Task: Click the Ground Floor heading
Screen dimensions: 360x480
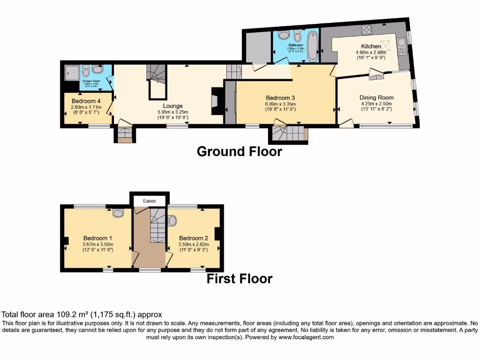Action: coord(239,151)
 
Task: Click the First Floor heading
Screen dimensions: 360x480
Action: coord(239,279)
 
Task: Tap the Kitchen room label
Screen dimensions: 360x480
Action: coord(371,46)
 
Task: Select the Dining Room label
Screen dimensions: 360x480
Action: coord(376,97)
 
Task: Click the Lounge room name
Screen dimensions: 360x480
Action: coord(172,106)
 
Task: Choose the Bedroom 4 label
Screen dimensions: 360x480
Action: coord(86,101)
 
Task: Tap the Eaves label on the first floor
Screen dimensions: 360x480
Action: coord(149,201)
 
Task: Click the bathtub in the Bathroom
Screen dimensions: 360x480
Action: coord(313,46)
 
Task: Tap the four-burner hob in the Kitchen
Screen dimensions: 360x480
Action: coord(366,29)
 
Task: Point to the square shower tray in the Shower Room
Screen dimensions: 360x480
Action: coord(73,72)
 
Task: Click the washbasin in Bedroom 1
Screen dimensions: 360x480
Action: coord(119,213)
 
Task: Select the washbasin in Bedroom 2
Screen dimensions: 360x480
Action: coord(172,220)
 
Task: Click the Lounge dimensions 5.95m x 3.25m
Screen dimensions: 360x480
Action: coord(172,112)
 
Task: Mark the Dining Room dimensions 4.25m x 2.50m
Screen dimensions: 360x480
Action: coord(376,104)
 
